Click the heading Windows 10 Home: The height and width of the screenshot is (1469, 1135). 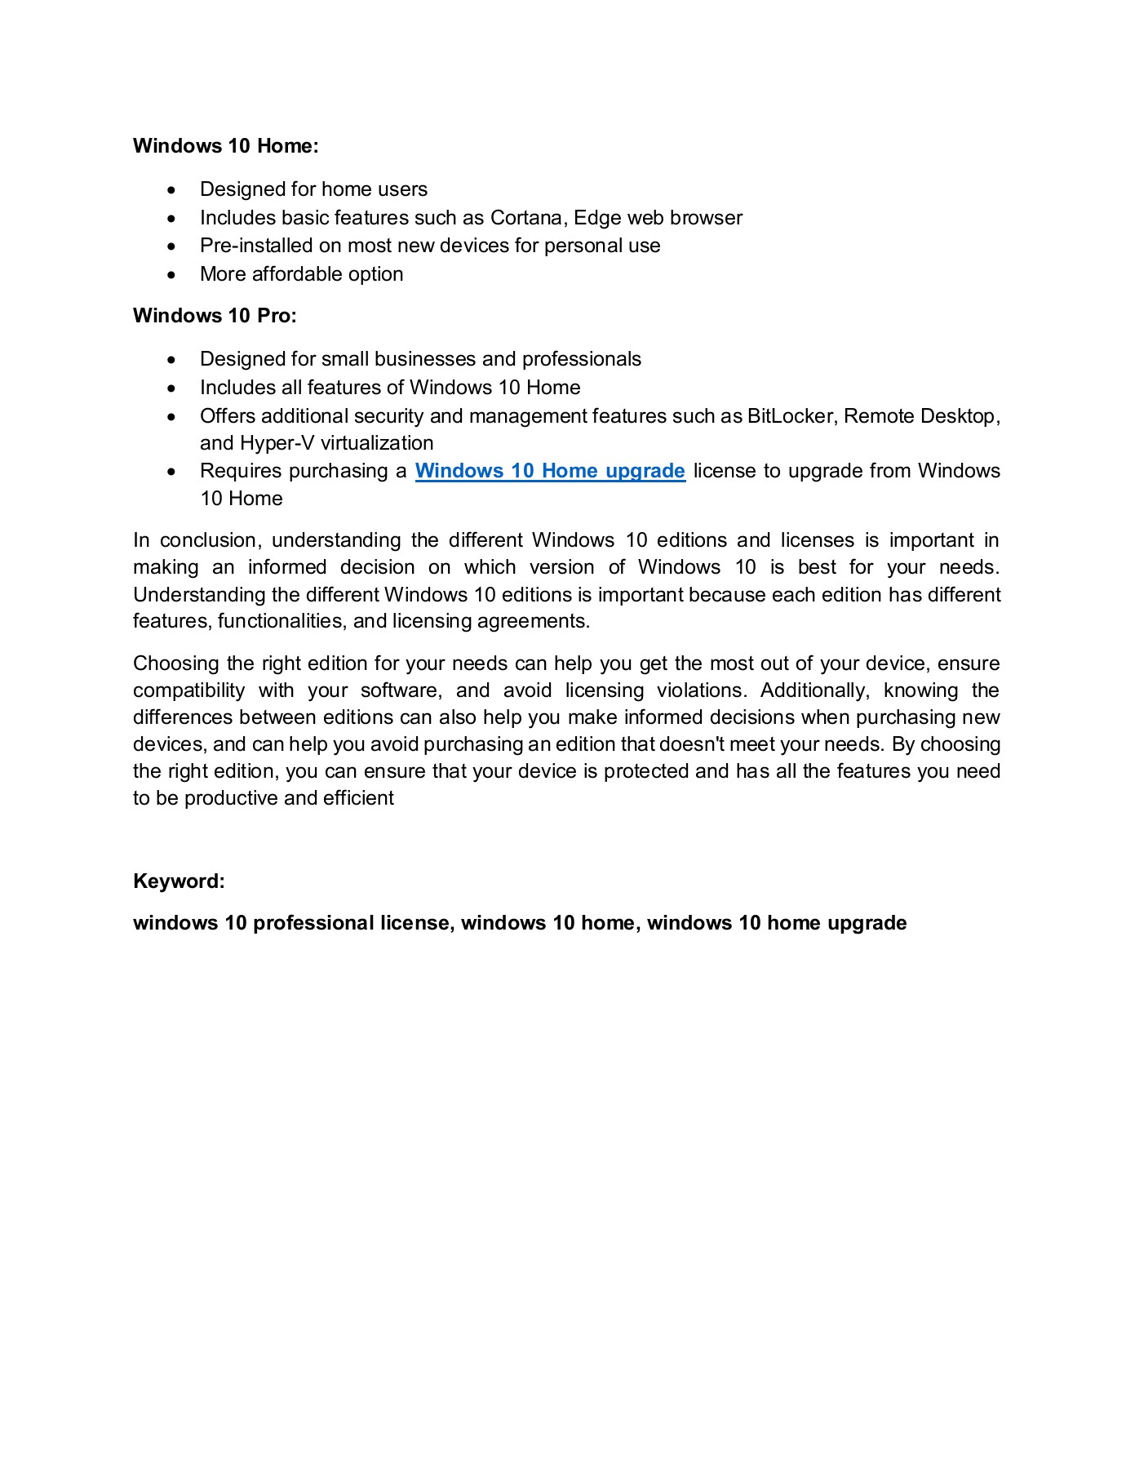(x=225, y=146)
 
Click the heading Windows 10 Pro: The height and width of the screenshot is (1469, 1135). (x=215, y=316)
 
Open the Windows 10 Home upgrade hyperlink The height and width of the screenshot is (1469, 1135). (x=550, y=471)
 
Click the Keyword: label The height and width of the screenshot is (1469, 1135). (x=179, y=881)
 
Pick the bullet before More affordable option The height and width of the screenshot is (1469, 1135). (x=171, y=275)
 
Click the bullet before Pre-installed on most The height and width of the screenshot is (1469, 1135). (x=171, y=246)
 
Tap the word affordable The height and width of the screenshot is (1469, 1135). (x=298, y=274)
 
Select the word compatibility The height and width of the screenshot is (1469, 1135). (x=188, y=690)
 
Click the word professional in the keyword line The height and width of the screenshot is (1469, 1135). (x=313, y=923)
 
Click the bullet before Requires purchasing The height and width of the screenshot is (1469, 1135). (x=171, y=472)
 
